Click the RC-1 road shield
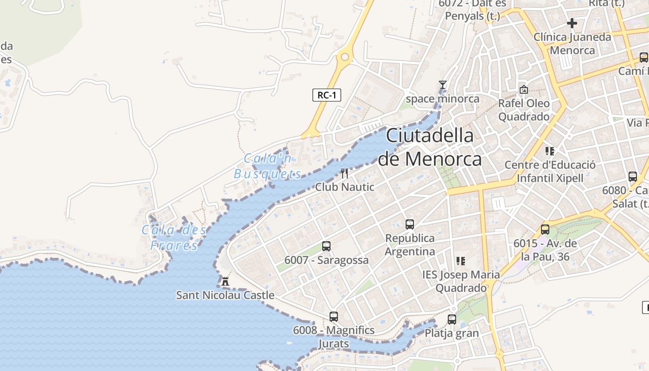(x=327, y=96)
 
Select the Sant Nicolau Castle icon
(x=225, y=281)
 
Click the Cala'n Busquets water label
(x=268, y=166)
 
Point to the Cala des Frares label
(x=174, y=237)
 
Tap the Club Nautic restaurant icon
(x=344, y=173)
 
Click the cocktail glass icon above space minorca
(x=443, y=85)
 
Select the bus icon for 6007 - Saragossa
(x=326, y=246)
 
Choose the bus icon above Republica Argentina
(x=410, y=224)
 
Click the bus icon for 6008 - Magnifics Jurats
(x=334, y=317)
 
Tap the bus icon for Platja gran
(x=452, y=320)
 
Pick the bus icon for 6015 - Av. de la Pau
(x=545, y=230)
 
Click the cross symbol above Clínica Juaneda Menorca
(x=572, y=23)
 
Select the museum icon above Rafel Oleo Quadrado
(x=524, y=90)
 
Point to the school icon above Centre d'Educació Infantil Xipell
(x=550, y=151)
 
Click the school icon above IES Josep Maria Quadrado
(x=460, y=261)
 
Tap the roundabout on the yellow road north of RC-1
(x=344, y=58)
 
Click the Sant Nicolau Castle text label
(x=225, y=295)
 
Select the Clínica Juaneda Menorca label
(x=572, y=44)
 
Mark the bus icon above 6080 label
(x=633, y=177)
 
